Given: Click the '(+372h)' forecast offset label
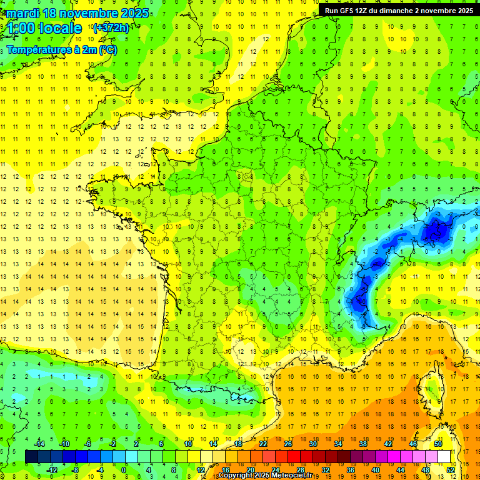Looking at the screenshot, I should click(x=111, y=27).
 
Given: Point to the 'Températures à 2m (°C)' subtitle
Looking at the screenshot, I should click(x=61, y=49).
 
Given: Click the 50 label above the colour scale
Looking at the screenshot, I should click(x=437, y=444).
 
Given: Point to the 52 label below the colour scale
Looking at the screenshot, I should click(x=451, y=470).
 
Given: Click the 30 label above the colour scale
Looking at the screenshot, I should click(x=312, y=444).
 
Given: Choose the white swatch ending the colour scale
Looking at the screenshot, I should click(x=444, y=456).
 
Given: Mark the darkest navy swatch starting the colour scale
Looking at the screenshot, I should click(x=31, y=456).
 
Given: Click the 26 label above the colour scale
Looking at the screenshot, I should click(x=287, y=444).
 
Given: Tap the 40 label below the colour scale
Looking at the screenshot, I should click(x=376, y=470).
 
